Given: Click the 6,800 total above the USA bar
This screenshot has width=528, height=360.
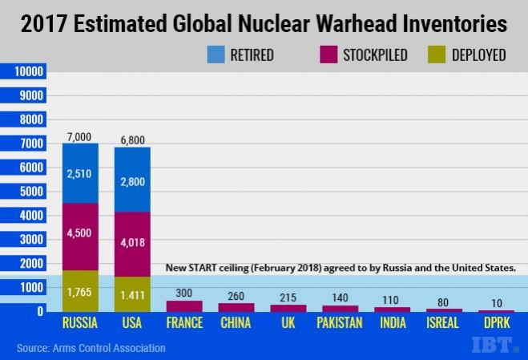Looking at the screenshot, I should (x=132, y=141).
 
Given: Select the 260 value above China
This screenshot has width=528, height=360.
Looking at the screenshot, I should (x=236, y=295).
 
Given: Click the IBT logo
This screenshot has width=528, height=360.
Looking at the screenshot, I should (x=494, y=346).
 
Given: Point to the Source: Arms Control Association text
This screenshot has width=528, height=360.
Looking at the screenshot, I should (x=91, y=348).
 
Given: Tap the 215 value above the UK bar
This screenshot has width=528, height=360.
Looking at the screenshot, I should (x=287, y=297).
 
